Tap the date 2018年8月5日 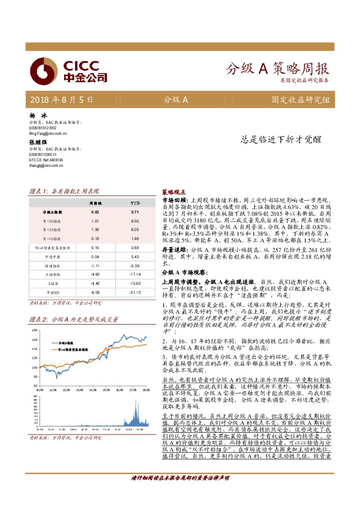(x=61, y=100)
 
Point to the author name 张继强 (x=38, y=141)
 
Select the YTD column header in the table (x=135, y=204)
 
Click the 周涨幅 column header (x=95, y=204)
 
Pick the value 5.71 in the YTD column (x=135, y=212)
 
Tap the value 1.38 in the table (x=95, y=230)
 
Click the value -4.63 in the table (x=95, y=274)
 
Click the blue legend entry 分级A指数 (x=67, y=342)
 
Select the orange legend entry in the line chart (x=73, y=349)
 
